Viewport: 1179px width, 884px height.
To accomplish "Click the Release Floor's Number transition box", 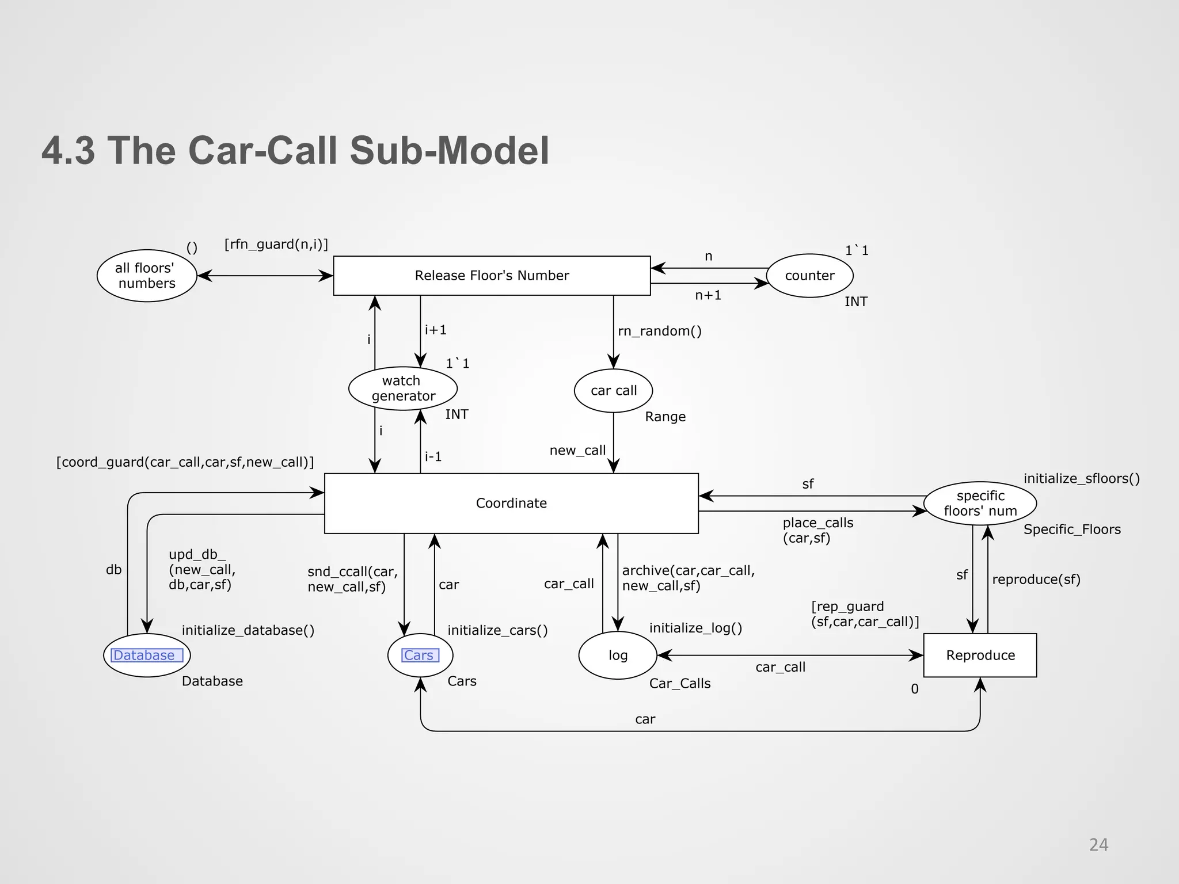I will point(492,276).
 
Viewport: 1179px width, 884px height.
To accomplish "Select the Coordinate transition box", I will point(511,503).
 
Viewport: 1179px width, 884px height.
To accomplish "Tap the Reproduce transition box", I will point(980,655).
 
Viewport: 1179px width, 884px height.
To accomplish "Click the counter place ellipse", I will point(809,276).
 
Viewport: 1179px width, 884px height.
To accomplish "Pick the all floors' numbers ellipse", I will point(147,276).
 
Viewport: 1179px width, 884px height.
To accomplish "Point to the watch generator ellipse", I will point(403,388).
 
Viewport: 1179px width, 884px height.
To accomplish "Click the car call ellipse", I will point(614,391).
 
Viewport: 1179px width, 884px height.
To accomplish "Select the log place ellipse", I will point(618,655).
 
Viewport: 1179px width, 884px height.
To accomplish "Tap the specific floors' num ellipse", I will point(980,503).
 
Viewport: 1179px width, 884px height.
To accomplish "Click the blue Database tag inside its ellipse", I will point(144,655).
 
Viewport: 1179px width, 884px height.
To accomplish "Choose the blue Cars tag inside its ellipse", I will point(419,655).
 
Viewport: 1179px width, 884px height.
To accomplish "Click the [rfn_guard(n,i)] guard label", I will point(276,245).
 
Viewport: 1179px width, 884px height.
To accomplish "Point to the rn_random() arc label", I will point(660,331).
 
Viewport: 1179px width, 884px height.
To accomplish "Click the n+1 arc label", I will point(708,295).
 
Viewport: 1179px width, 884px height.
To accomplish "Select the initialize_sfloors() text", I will point(1081,478).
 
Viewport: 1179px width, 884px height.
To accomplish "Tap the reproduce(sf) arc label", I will point(1036,580).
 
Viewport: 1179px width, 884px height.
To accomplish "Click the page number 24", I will point(1098,845).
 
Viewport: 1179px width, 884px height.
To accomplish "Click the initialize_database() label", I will point(248,630).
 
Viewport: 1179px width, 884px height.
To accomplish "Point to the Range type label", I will point(665,417).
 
